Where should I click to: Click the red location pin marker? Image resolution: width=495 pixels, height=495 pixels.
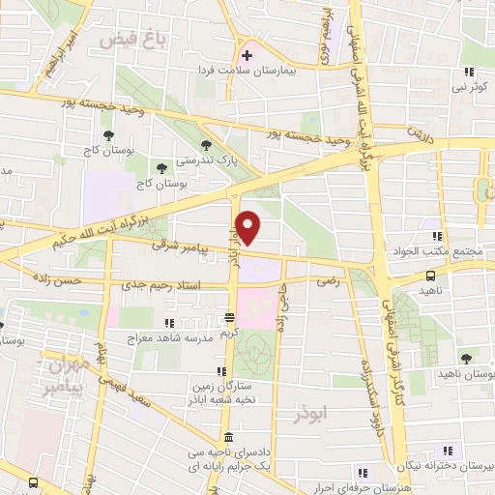(248, 227)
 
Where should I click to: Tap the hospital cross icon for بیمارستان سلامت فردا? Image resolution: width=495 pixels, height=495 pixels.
(248, 54)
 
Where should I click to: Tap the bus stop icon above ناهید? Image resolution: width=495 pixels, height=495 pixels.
(429, 276)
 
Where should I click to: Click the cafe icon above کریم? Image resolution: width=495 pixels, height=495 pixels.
(229, 317)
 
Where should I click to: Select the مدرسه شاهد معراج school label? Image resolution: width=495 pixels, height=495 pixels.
(166, 339)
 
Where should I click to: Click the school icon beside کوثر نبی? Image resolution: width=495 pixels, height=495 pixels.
(467, 72)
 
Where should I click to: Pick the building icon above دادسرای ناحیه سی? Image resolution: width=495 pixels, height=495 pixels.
(226, 437)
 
